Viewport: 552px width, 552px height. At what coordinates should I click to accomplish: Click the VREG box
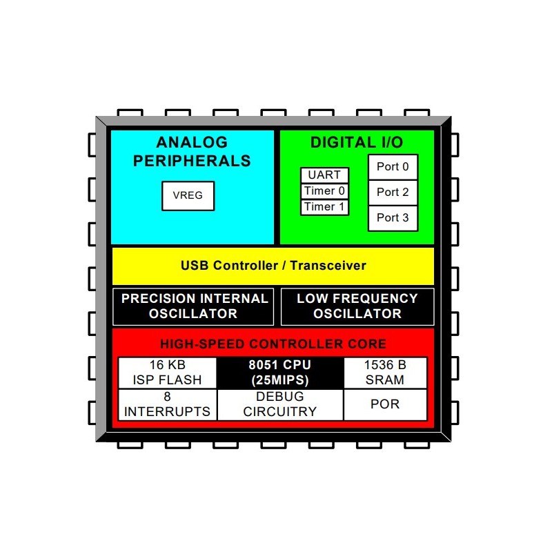click(188, 196)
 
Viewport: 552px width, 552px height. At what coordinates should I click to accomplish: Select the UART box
click(324, 175)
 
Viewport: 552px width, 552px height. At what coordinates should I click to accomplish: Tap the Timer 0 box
click(324, 191)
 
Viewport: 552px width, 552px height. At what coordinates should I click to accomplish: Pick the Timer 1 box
click(324, 207)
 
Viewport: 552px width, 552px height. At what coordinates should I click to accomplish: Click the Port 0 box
click(393, 167)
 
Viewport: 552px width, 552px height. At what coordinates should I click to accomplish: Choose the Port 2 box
click(393, 193)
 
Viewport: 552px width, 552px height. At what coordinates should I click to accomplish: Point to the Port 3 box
click(393, 218)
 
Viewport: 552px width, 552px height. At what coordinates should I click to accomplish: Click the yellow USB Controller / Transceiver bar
click(273, 266)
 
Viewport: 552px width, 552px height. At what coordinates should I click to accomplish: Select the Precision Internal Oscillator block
click(195, 306)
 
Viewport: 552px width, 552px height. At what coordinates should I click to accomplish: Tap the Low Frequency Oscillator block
click(357, 306)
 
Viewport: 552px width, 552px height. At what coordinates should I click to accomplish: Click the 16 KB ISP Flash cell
click(168, 373)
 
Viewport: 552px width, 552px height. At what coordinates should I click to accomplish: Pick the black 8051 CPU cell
click(280, 373)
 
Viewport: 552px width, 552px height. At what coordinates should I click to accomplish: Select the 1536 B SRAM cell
click(385, 373)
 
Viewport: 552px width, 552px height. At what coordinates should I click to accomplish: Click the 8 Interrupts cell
click(168, 404)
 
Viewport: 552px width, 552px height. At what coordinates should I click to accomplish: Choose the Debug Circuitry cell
click(280, 404)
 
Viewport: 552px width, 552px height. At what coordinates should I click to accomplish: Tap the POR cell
click(385, 404)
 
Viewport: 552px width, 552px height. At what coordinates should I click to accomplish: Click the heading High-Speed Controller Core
click(273, 344)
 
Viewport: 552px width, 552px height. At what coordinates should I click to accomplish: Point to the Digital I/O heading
click(357, 143)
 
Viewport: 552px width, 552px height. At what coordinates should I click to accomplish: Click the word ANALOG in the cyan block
click(192, 143)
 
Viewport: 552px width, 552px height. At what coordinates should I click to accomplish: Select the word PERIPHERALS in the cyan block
click(192, 161)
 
